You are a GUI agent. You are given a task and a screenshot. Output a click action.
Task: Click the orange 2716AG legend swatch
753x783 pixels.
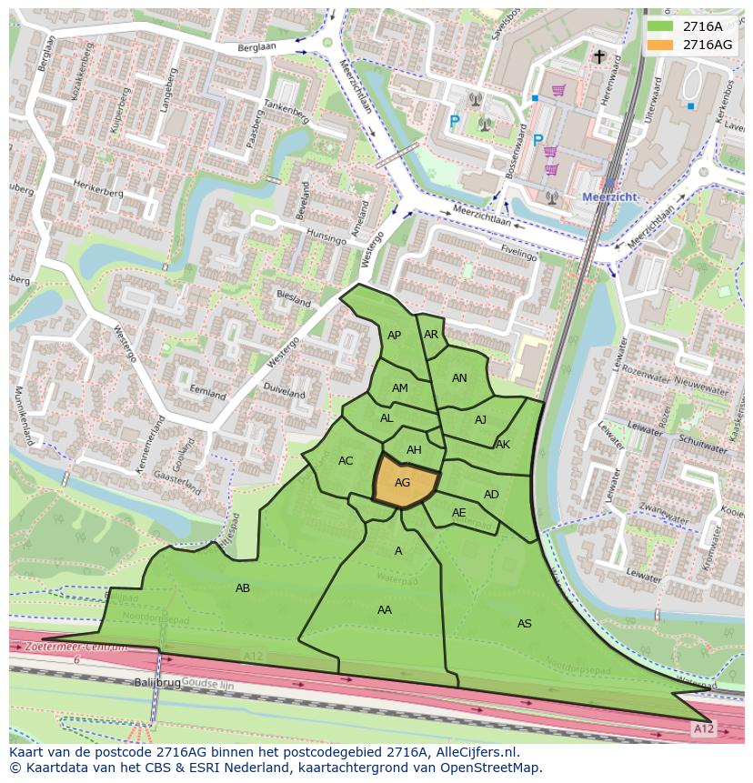coord(660,45)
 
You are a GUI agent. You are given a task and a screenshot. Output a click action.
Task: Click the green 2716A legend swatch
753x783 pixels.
coord(660,26)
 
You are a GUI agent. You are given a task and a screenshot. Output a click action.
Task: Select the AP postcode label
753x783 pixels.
coord(394,336)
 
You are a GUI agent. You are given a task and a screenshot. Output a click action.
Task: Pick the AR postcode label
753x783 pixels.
coord(431,335)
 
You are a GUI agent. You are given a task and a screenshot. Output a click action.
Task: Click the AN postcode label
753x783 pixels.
coord(459,378)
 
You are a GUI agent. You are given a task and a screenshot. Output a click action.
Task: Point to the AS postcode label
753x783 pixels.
coord(524,623)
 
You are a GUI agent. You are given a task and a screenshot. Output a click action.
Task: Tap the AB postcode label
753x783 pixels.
coord(243,588)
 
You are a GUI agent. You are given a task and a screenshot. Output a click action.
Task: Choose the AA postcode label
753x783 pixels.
coord(384,609)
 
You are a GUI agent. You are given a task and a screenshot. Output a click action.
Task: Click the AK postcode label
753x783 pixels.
coord(503,445)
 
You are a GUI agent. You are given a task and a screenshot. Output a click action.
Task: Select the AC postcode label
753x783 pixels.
coord(346,461)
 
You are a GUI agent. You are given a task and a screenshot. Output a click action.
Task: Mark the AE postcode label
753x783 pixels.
coord(458,513)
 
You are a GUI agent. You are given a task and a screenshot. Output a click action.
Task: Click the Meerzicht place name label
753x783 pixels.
coord(608,196)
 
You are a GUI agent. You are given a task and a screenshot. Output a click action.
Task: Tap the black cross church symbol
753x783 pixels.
coord(598,57)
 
